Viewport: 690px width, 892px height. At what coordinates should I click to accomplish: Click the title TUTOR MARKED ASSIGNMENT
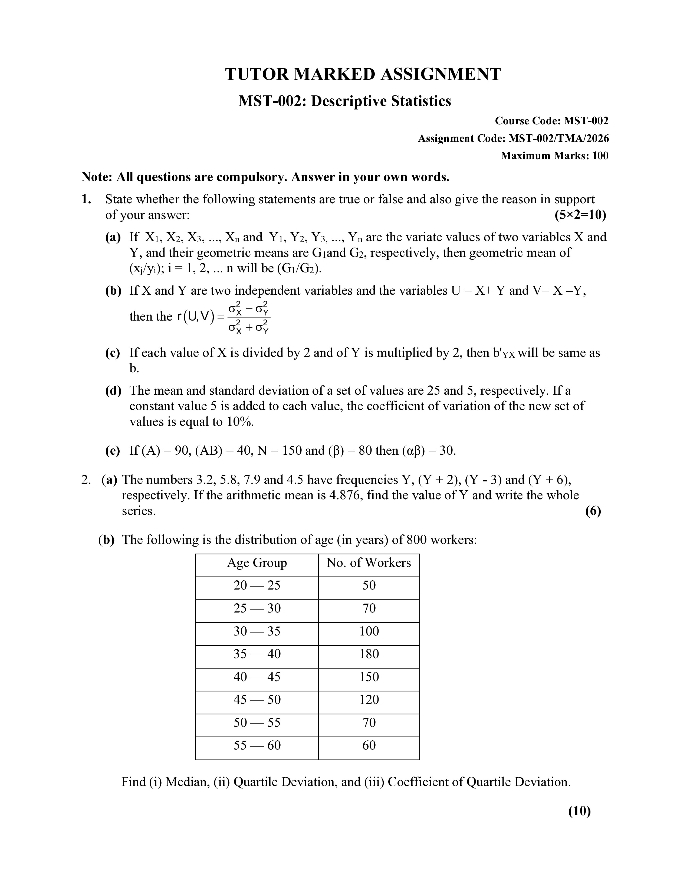pyautogui.click(x=363, y=74)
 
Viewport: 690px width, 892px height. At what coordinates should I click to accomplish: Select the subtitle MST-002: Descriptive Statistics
pyautogui.click(x=344, y=101)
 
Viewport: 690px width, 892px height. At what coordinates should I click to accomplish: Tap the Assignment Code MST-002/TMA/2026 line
pyautogui.click(x=513, y=138)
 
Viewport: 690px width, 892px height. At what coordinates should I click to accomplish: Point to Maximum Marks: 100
pyautogui.click(x=554, y=156)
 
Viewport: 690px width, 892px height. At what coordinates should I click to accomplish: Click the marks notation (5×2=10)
pyautogui.click(x=580, y=215)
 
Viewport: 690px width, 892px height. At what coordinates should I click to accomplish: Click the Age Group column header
pyautogui.click(x=257, y=563)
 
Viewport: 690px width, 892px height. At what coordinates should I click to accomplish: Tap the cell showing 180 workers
pyautogui.click(x=369, y=654)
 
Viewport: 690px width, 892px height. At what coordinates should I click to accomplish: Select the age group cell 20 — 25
pyautogui.click(x=257, y=585)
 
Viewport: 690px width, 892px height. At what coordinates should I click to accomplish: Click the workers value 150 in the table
pyautogui.click(x=369, y=677)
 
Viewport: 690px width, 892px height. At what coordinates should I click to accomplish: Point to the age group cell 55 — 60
pyautogui.click(x=257, y=745)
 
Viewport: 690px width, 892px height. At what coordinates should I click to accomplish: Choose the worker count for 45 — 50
pyautogui.click(x=369, y=700)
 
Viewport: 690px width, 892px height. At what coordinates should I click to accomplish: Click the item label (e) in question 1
pyautogui.click(x=113, y=451)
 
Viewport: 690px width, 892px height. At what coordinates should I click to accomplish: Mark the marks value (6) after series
pyautogui.click(x=593, y=511)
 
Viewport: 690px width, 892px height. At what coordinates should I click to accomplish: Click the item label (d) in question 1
pyautogui.click(x=113, y=391)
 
